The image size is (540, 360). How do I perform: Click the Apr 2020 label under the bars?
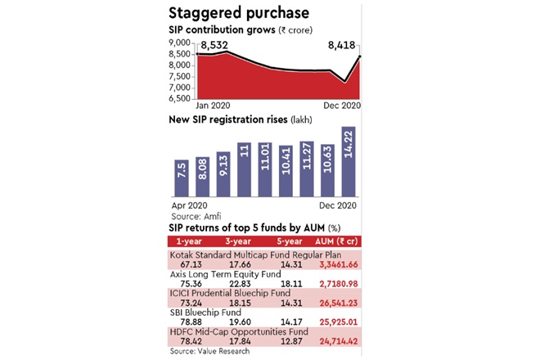pyautogui.click(x=187, y=205)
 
